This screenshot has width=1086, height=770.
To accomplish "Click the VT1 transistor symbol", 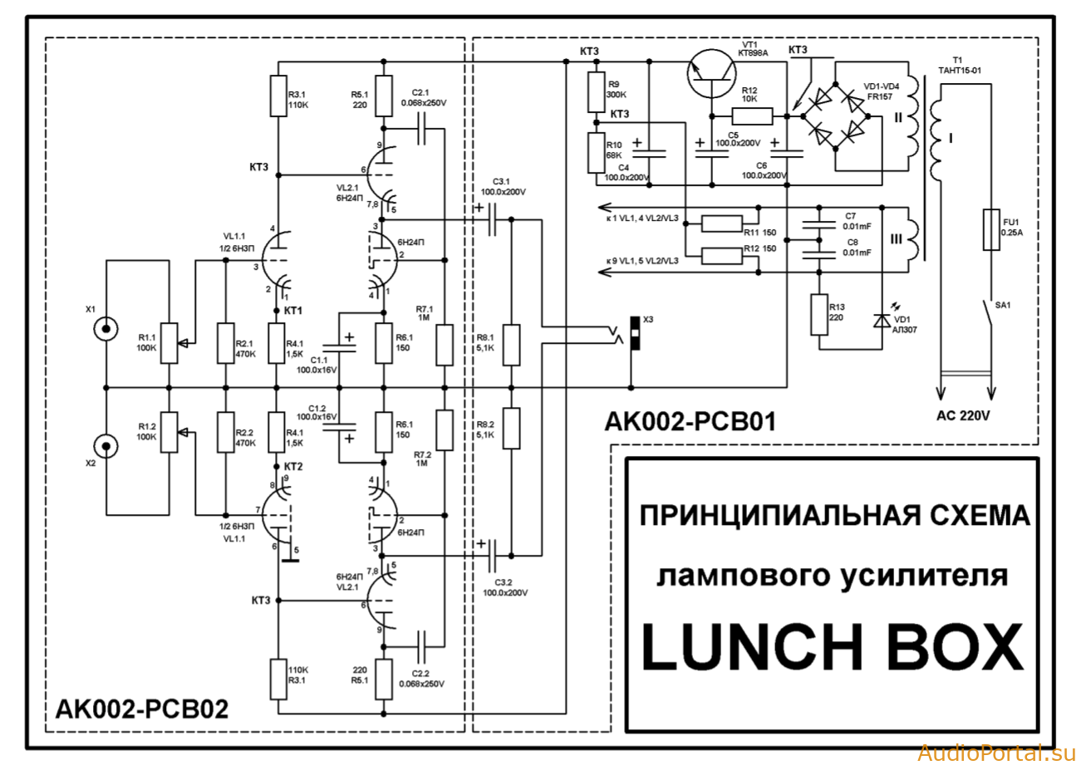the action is pyautogui.click(x=711, y=74).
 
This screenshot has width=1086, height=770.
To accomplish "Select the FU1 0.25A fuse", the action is pyautogui.click(x=991, y=230).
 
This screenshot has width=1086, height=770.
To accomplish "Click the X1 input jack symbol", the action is pyautogui.click(x=106, y=329).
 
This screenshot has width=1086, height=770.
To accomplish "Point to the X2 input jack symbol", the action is pyautogui.click(x=106, y=446).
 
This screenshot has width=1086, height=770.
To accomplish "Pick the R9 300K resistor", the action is pyautogui.click(x=597, y=92).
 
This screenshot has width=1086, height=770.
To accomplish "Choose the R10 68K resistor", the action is pyautogui.click(x=597, y=153).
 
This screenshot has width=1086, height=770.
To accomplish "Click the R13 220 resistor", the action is pyautogui.click(x=819, y=315).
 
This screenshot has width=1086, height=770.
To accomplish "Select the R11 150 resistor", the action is pyautogui.click(x=722, y=223).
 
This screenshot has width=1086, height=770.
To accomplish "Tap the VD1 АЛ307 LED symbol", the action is pyautogui.click(x=882, y=321).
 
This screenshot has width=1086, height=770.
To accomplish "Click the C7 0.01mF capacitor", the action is pyautogui.click(x=819, y=225).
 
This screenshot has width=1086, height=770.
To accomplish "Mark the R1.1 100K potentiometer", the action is pyautogui.click(x=170, y=343).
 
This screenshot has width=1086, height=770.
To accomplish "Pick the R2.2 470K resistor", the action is pyautogui.click(x=225, y=432).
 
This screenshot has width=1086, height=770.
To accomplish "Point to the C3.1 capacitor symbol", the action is pyautogui.click(x=492, y=219).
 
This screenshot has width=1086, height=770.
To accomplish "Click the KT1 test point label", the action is pyautogui.click(x=292, y=311).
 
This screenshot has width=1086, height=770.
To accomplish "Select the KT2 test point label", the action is pyautogui.click(x=293, y=467).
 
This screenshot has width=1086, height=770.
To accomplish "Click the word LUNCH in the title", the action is pyautogui.click(x=753, y=646).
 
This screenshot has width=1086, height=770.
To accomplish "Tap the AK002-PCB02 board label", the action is pyautogui.click(x=142, y=709).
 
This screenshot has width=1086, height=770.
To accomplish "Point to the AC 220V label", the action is pyautogui.click(x=963, y=416).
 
